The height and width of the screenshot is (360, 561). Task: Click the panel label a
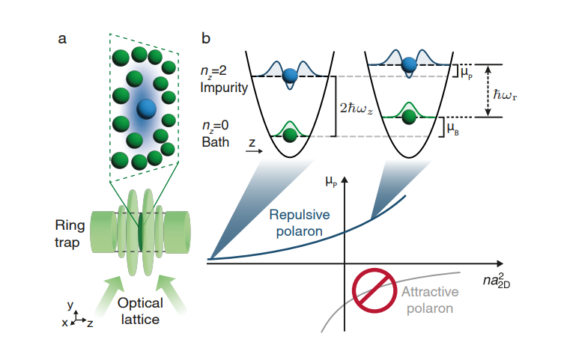click(63, 38)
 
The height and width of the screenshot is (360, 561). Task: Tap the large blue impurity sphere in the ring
click(147, 107)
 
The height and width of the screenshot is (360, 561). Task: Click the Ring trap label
click(70, 231)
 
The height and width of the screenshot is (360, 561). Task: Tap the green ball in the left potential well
click(289, 135)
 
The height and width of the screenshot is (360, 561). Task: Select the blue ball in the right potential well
click(408, 65)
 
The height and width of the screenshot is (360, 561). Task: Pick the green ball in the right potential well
click(408, 118)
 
